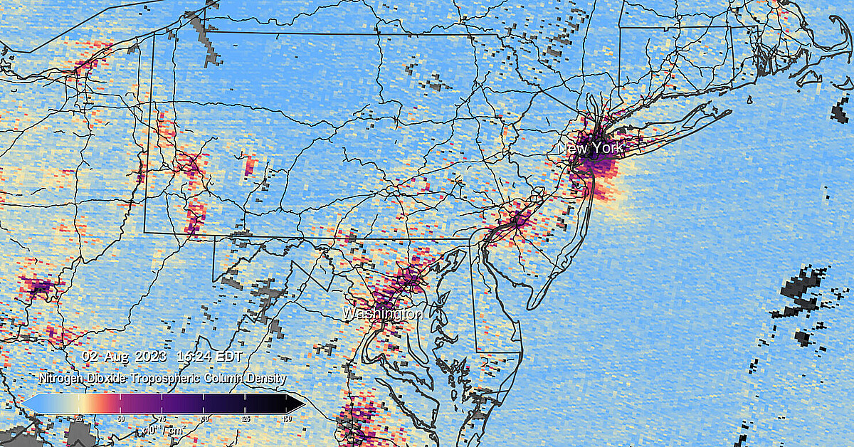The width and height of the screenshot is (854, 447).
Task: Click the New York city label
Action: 591,149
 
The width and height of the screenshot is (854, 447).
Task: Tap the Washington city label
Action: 383,313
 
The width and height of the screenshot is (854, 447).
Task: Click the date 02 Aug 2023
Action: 125,355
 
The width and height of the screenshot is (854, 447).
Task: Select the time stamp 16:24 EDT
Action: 210,355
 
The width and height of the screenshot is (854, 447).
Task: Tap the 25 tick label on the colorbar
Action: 78,418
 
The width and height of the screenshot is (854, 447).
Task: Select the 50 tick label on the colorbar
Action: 120,418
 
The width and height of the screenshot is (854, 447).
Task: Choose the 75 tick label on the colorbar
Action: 162,418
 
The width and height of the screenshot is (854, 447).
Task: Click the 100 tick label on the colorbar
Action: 204,418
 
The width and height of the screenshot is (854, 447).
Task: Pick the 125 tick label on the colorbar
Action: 246,418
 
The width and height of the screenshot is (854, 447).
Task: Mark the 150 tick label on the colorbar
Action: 287,418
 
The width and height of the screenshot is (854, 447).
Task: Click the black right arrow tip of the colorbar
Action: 298,404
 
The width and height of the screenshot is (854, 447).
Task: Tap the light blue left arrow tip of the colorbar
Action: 28,404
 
